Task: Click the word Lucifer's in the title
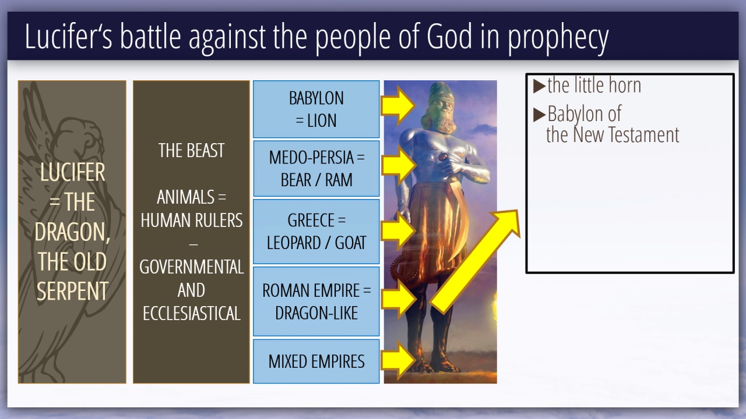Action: click(x=69, y=36)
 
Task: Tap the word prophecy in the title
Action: click(x=558, y=39)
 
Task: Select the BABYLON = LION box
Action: click(x=316, y=109)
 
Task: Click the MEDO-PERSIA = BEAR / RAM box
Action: click(x=316, y=168)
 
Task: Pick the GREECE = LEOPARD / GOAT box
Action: click(x=316, y=232)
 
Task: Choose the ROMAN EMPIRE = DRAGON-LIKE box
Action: click(x=316, y=301)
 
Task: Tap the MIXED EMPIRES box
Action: click(x=316, y=361)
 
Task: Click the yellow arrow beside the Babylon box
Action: click(x=398, y=105)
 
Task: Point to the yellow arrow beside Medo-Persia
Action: click(x=398, y=165)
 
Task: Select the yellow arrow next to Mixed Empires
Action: click(x=398, y=360)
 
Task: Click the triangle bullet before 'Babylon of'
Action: click(x=539, y=115)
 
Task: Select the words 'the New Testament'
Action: click(x=613, y=134)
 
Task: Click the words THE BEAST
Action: click(x=191, y=150)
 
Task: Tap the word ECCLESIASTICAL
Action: click(x=192, y=313)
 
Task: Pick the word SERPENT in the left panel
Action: click(x=72, y=291)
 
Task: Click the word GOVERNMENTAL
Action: click(x=192, y=267)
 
